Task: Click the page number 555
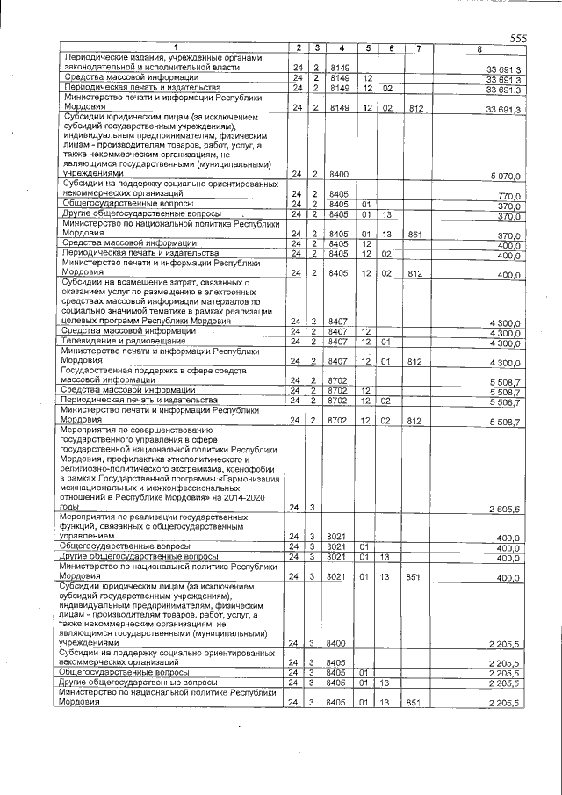coord(517,37)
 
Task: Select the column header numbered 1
coord(175,47)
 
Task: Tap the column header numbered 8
coord(479,47)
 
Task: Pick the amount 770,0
coord(509,195)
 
